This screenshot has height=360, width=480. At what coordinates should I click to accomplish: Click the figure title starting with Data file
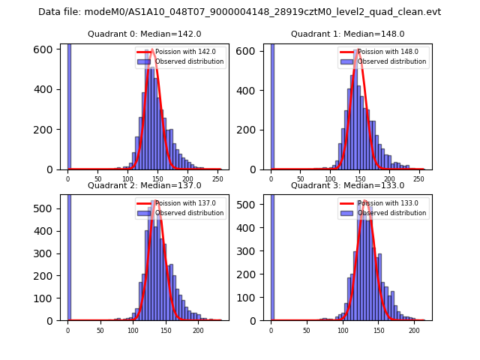click(239, 12)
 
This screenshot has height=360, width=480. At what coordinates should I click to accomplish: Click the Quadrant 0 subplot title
click(145, 34)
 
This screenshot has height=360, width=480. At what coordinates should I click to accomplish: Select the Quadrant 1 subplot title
click(347, 34)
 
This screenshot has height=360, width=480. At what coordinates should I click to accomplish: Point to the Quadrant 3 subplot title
click(347, 185)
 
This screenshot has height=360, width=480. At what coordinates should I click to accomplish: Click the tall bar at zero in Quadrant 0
click(69, 105)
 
